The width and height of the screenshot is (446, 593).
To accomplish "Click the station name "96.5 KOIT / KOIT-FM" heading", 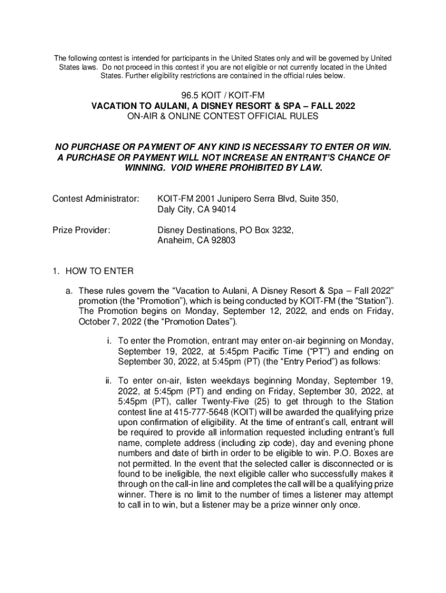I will point(223,96).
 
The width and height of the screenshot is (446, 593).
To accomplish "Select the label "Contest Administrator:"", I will point(96,199).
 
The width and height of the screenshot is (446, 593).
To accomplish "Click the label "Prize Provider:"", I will point(82,230).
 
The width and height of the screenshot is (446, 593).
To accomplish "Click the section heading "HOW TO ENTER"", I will point(99,271).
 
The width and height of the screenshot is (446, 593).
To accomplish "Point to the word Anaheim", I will point(175,240).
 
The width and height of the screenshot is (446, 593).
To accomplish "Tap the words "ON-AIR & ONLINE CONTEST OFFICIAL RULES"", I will point(223,116).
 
